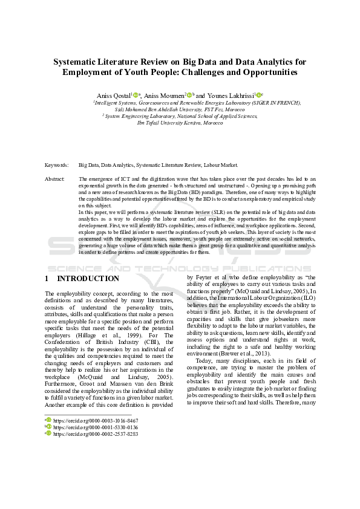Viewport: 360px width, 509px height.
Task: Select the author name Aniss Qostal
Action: pyautogui.click(x=113, y=96)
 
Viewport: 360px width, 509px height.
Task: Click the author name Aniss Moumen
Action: pyautogui.click(x=165, y=96)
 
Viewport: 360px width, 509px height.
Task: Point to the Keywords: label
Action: pyautogui.click(x=56, y=164)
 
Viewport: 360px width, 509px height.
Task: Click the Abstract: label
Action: pyautogui.click(x=55, y=180)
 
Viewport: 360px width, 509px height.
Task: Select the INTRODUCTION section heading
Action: pyautogui.click(x=88, y=279)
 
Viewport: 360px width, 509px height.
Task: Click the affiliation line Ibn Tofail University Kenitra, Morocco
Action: pyautogui.click(x=180, y=123)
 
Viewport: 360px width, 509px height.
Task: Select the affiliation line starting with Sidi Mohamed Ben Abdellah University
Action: pyautogui.click(x=180, y=109)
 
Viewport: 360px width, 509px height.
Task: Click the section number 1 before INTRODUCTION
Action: pyautogui.click(x=47, y=279)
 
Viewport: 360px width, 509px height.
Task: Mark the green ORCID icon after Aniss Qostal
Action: pyautogui.click(x=136, y=95)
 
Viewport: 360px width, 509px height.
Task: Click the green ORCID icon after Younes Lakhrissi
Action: pyautogui.click(x=258, y=95)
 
